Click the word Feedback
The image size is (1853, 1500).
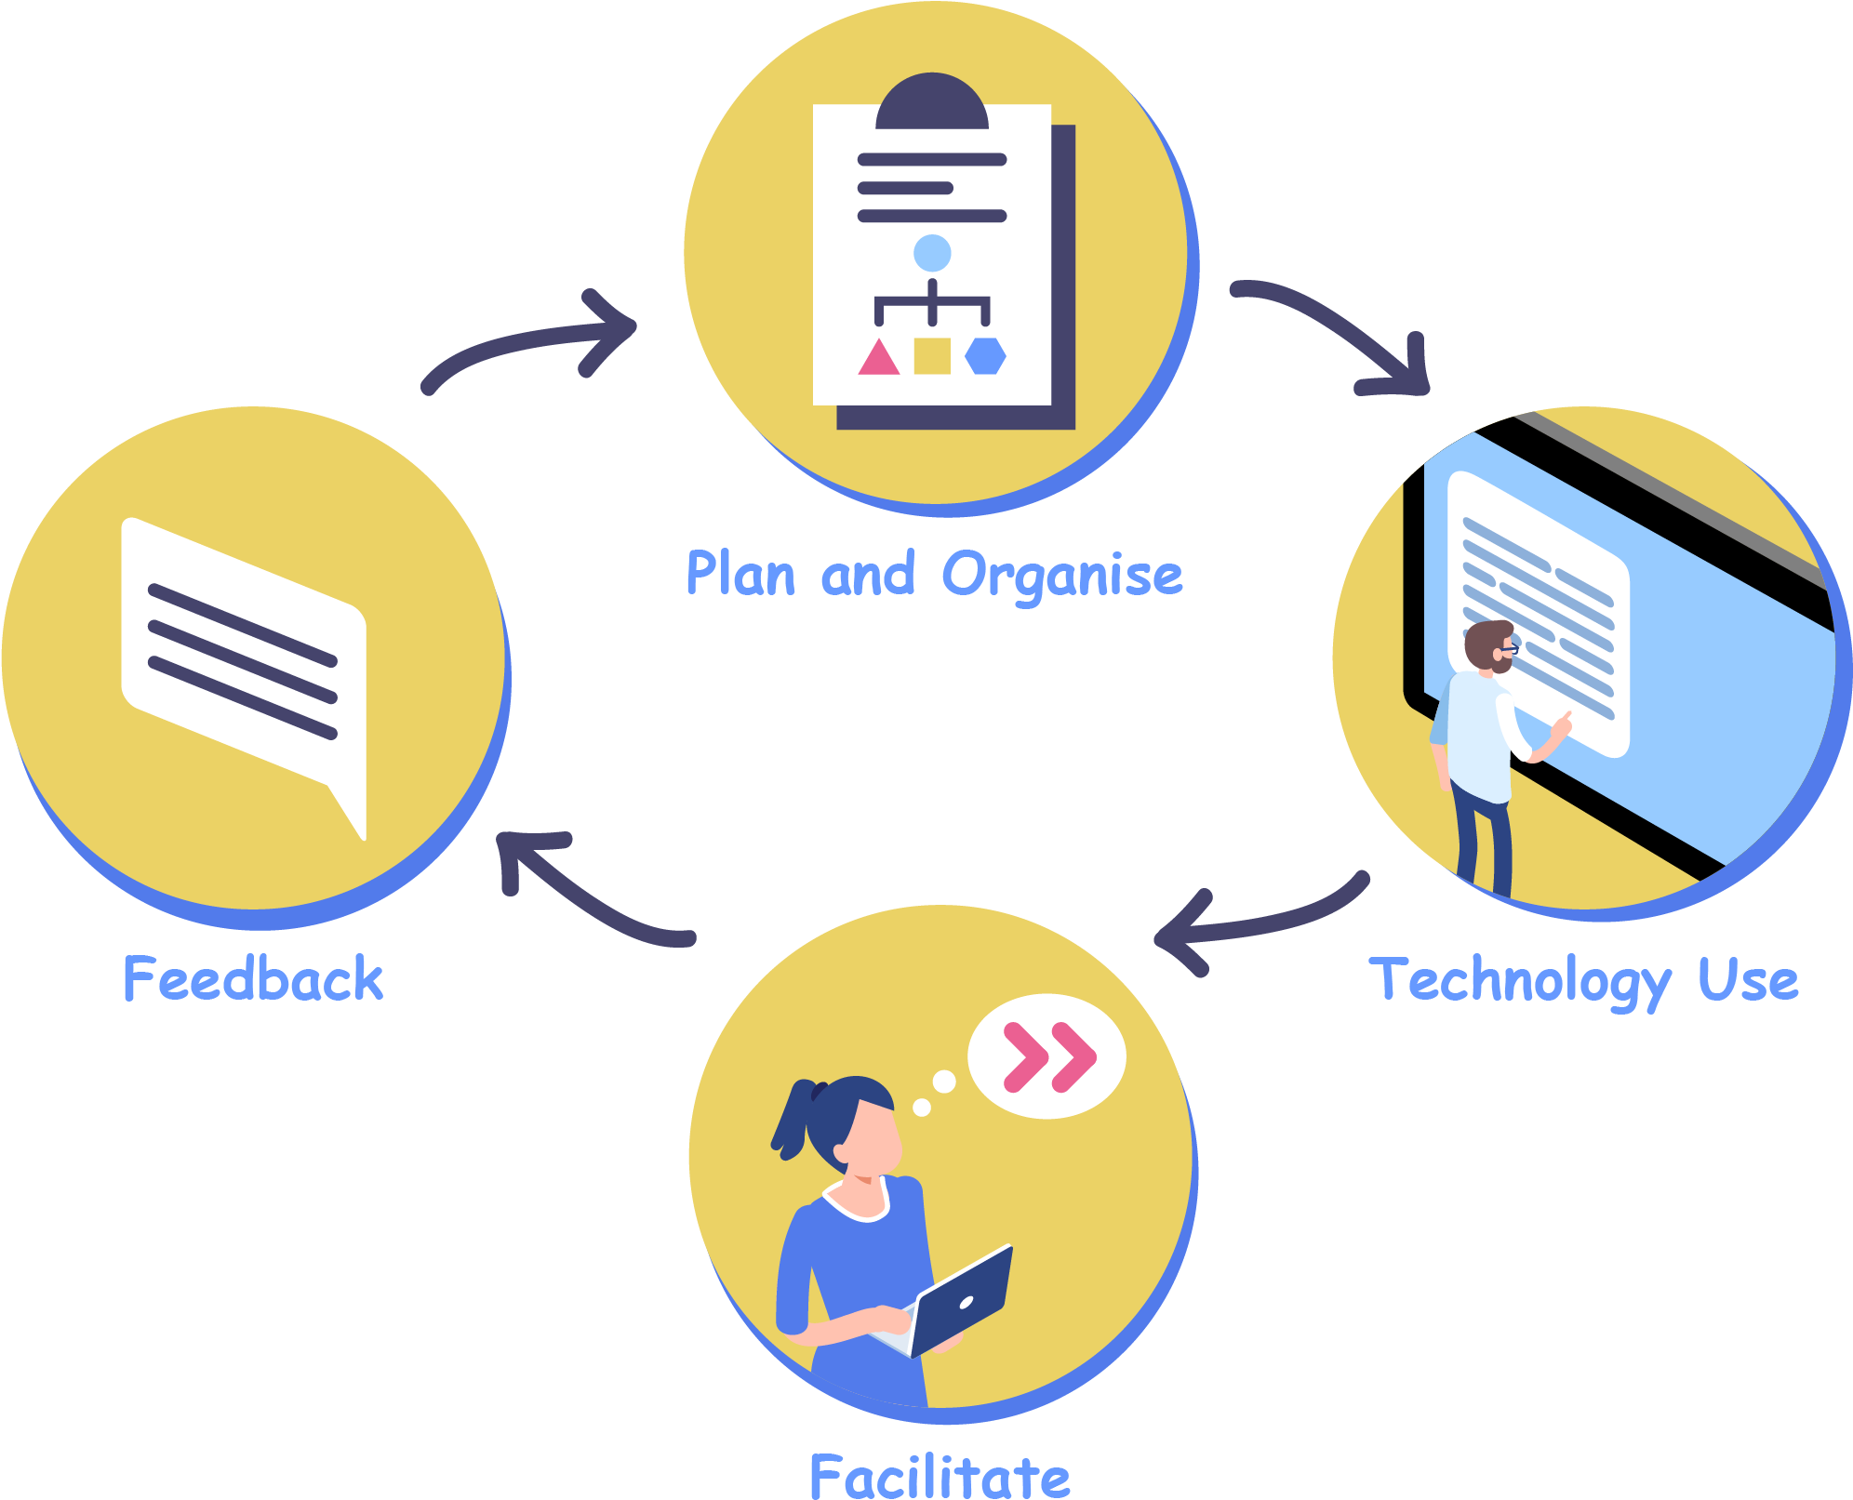(253, 979)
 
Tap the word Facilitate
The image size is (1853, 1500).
(940, 1476)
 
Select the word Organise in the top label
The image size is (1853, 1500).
(1062, 576)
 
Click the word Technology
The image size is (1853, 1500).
(1519, 981)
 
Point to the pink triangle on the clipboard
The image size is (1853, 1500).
(878, 358)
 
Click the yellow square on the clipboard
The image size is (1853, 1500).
(932, 355)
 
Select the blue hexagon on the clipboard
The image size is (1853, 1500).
(985, 355)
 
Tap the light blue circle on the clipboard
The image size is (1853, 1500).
(932, 253)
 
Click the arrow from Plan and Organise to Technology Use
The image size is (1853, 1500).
(1340, 330)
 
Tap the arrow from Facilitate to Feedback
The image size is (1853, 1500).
(586, 893)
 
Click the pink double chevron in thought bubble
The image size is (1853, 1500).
(1049, 1057)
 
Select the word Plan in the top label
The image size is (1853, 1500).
(740, 574)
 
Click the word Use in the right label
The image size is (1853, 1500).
(1748, 981)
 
